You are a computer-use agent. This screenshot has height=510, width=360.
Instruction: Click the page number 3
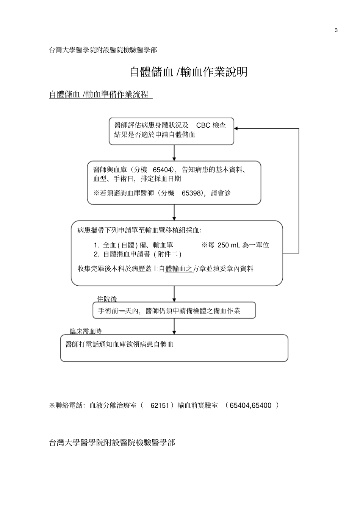[336, 31]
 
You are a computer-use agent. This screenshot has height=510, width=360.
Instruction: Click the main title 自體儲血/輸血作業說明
[188, 72]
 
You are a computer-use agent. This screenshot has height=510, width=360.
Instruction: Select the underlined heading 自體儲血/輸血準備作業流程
[101, 95]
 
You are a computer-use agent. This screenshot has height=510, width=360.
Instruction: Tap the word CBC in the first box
[203, 125]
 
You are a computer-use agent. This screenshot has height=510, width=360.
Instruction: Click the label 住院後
[107, 299]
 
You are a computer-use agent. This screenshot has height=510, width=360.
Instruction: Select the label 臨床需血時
[86, 332]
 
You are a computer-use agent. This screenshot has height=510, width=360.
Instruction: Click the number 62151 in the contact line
[160, 405]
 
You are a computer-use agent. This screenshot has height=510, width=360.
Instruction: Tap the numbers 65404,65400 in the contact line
[250, 405]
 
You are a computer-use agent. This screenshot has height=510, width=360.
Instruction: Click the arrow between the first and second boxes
[174, 153]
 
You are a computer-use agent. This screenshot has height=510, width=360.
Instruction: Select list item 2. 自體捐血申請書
[138, 254]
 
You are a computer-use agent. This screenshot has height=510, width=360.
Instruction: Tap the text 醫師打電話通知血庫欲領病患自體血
[119, 344]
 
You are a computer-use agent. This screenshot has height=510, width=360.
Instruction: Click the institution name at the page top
[103, 50]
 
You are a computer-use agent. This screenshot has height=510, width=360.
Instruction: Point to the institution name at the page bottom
[112, 443]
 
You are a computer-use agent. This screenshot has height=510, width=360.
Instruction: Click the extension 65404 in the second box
[162, 170]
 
